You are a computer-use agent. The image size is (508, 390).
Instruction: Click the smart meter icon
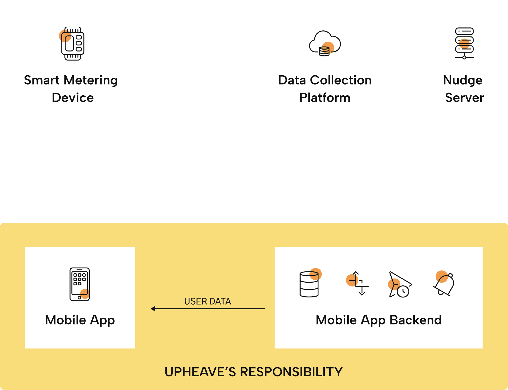pyautogui.click(x=72, y=44)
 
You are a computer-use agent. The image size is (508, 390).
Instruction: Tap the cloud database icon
pyautogui.click(x=325, y=44)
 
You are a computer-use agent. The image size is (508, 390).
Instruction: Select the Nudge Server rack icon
pyautogui.click(x=464, y=43)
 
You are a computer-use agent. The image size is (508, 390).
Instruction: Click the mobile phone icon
pyautogui.click(x=80, y=284)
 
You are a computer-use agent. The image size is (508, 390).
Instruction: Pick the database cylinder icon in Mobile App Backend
pyautogui.click(x=309, y=284)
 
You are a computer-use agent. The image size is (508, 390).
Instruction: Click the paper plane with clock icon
pyautogui.click(x=399, y=285)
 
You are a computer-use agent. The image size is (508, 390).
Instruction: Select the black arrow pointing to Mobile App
pyautogui.click(x=208, y=309)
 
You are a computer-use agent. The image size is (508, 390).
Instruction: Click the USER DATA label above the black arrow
pyautogui.click(x=208, y=301)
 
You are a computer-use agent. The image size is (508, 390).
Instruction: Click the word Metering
pyautogui.click(x=91, y=81)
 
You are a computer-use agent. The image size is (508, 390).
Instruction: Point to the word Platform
pyautogui.click(x=325, y=98)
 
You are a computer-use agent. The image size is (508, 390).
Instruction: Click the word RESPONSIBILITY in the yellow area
pyautogui.click(x=291, y=372)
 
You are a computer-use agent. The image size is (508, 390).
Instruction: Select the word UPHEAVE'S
pyautogui.click(x=200, y=372)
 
